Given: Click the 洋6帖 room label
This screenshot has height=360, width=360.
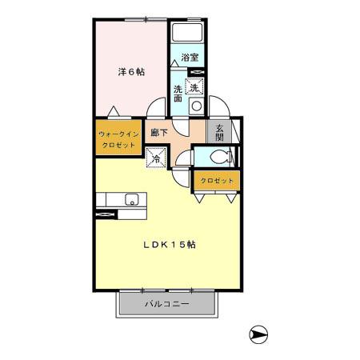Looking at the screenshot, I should pos(131,72).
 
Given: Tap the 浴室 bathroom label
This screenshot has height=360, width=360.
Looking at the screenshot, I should pos(190,58).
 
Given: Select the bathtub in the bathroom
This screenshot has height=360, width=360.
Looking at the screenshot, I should pos(188,35).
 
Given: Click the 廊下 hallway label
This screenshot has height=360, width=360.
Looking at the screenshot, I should pos(158,132).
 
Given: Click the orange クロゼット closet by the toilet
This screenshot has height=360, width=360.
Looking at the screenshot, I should pos(217,181).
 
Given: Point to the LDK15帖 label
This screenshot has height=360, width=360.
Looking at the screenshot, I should pos(170,246).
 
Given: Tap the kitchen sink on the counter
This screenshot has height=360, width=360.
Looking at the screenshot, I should pos(131,200).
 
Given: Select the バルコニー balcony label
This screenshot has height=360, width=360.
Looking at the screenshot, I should pos(167,305).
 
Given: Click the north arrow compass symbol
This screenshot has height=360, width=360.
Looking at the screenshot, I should pos(258,334).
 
